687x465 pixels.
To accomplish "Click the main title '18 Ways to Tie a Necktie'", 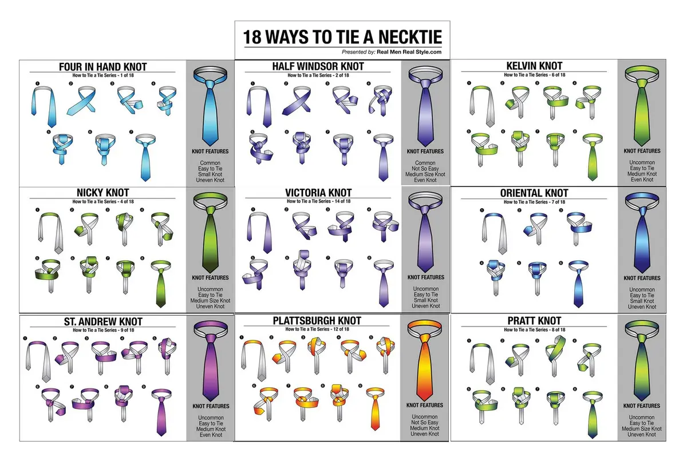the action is tap(342, 37).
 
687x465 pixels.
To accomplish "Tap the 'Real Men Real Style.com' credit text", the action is tap(409, 52).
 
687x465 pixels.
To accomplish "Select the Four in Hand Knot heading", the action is tap(102, 67).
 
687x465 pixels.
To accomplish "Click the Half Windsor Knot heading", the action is tap(318, 66).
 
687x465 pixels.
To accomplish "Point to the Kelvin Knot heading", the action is tap(534, 66).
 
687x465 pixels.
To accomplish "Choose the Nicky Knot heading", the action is tap(102, 193).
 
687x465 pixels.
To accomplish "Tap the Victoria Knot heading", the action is tap(318, 193).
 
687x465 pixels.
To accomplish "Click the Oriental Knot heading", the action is tap(534, 193).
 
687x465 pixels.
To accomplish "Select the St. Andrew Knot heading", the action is tap(103, 321).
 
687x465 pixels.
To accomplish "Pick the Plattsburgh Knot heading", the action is tap(317, 321).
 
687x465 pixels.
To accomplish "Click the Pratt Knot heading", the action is tap(534, 321).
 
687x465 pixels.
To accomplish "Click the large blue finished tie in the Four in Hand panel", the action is tap(211, 107).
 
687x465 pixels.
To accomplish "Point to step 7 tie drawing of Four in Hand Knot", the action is tap(145, 157).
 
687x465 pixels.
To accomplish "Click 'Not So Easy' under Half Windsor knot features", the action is tap(425, 169).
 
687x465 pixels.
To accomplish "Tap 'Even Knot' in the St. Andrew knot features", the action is tap(211, 435).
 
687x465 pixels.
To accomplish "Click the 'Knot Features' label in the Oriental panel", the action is tap(642, 278).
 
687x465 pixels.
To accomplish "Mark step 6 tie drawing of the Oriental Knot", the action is tap(578, 284).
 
